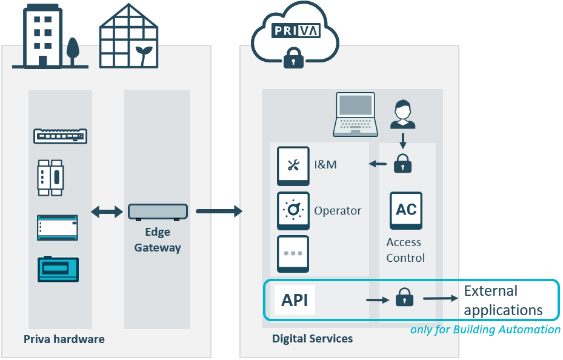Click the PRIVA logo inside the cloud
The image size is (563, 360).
(x=295, y=30)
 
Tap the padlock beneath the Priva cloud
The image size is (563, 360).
(x=294, y=58)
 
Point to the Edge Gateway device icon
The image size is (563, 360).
(x=158, y=212)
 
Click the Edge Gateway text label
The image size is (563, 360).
(x=158, y=240)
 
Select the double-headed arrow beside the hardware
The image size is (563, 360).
(x=107, y=212)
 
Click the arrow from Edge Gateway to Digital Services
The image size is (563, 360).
(x=219, y=211)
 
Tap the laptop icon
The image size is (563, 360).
(x=356, y=115)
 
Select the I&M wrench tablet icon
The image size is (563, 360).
(x=293, y=165)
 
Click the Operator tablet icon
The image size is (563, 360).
(x=293, y=210)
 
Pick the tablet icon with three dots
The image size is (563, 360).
(x=293, y=253)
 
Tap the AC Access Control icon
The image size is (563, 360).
(x=405, y=210)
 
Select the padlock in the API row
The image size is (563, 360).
(x=404, y=298)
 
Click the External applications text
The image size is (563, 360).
(x=503, y=301)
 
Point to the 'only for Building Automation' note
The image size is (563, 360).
(x=485, y=330)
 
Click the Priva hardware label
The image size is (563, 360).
(x=64, y=339)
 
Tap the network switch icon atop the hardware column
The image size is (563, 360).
(x=60, y=136)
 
